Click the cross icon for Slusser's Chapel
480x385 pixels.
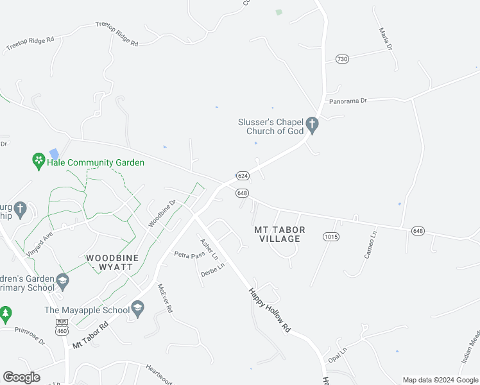[313, 124]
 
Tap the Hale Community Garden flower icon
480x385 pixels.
[38, 158]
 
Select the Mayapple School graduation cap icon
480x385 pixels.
[137, 309]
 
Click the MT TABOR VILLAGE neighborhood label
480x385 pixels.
[280, 234]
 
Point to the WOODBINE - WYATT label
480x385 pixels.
[112, 262]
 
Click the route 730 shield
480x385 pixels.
[341, 59]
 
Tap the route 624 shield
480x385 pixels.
[242, 175]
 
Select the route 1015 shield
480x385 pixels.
[330, 237]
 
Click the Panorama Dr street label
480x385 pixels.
[347, 101]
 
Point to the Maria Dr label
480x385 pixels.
[385, 38]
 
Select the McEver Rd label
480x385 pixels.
[165, 300]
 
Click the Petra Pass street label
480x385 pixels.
[189, 254]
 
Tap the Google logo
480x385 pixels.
[22, 377]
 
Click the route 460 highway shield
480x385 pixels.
[62, 326]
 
